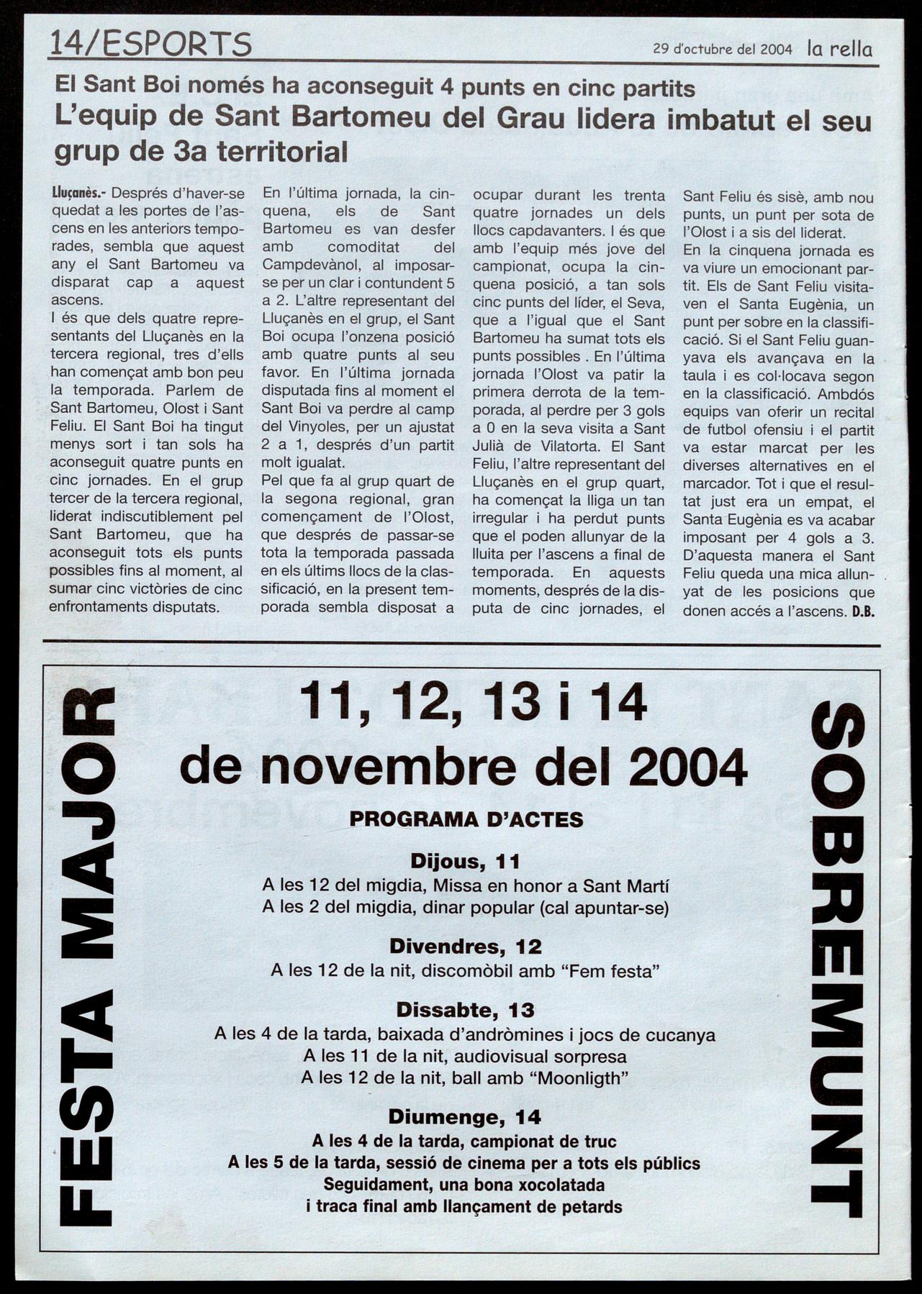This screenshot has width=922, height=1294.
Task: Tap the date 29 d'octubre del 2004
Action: [722, 50]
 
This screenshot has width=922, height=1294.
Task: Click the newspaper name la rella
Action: [839, 49]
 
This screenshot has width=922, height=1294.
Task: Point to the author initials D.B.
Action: [862, 611]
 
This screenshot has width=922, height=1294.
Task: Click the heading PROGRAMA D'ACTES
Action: [466, 819]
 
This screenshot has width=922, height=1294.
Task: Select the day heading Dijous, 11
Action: [465, 861]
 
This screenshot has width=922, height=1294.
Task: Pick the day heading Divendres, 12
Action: [465, 946]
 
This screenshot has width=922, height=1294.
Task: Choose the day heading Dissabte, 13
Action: [465, 1010]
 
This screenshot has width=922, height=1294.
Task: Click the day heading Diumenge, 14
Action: [464, 1117]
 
